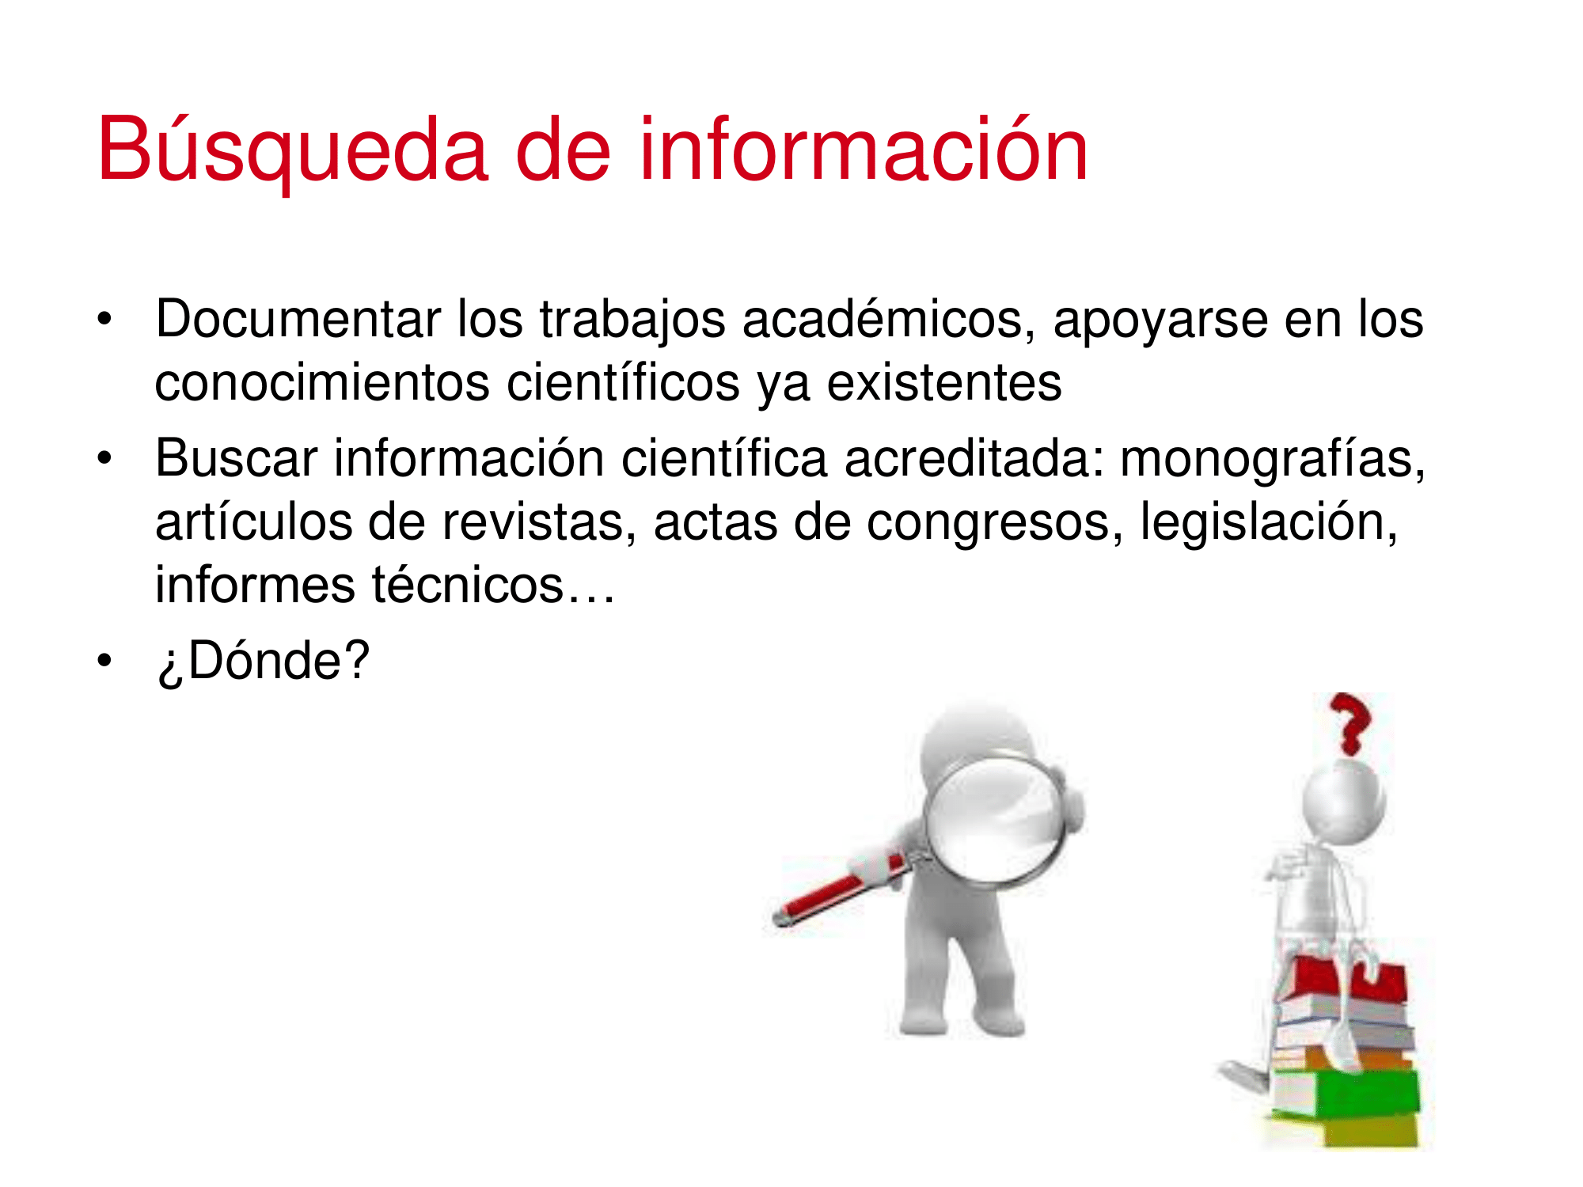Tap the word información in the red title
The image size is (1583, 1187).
point(864,149)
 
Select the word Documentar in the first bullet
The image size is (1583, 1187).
point(298,319)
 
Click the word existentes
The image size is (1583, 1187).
point(944,383)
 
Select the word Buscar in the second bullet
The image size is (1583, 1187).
point(236,458)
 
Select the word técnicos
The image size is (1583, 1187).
point(469,585)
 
